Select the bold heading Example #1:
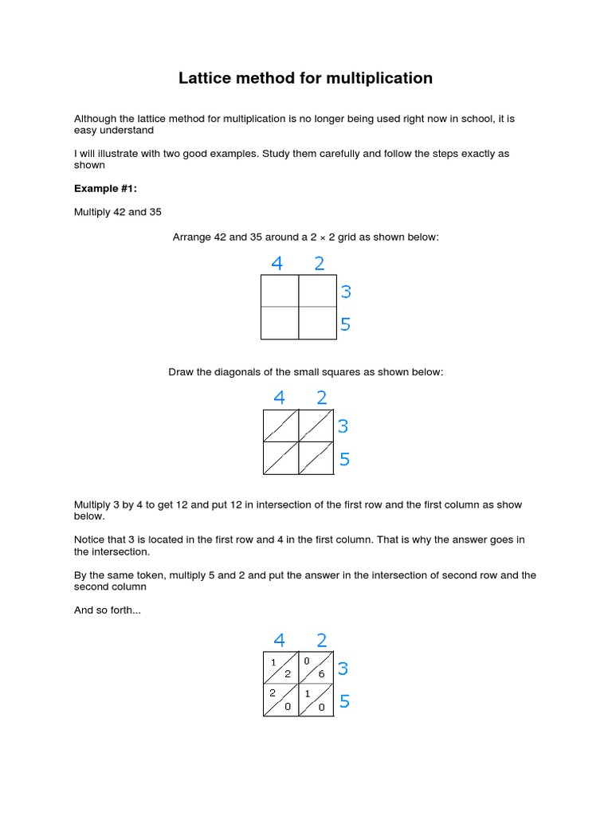[x=100, y=189]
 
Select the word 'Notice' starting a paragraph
[x=90, y=540]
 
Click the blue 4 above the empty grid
[x=277, y=264]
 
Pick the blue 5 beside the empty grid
[x=346, y=324]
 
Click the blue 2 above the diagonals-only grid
[x=322, y=398]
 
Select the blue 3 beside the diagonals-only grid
[x=343, y=427]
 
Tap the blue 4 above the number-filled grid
[x=279, y=640]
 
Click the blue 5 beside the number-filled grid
[x=345, y=702]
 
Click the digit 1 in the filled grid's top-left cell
[x=273, y=662]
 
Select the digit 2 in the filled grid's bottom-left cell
[x=272, y=693]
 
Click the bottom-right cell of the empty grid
[x=317, y=323]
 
